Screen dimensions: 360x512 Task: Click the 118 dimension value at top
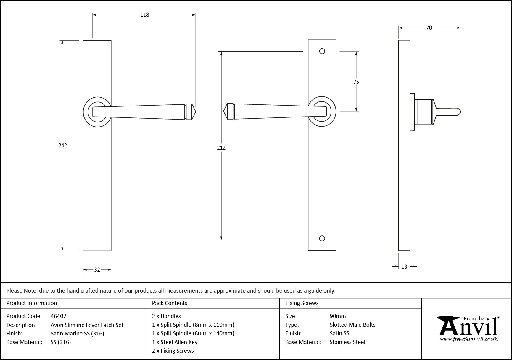click(x=145, y=15)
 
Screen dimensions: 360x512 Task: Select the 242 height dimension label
click(x=62, y=145)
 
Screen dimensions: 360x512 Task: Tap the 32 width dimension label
click(x=97, y=270)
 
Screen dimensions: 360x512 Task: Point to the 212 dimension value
click(x=221, y=148)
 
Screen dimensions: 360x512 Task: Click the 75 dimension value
click(x=356, y=82)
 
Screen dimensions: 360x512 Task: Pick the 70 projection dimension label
click(x=429, y=28)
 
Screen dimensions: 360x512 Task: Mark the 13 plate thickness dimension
click(x=404, y=267)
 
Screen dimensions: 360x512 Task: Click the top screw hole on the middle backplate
click(x=322, y=51)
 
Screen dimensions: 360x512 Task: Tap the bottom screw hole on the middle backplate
click(x=322, y=238)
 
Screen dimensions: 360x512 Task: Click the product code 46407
click(x=59, y=316)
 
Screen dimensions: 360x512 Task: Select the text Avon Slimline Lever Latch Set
click(x=87, y=325)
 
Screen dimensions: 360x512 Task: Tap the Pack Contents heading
click(x=170, y=303)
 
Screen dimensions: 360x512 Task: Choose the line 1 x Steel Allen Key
click(x=175, y=342)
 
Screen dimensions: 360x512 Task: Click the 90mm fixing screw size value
click(x=338, y=316)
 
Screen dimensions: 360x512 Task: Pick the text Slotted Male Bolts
click(x=352, y=325)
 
